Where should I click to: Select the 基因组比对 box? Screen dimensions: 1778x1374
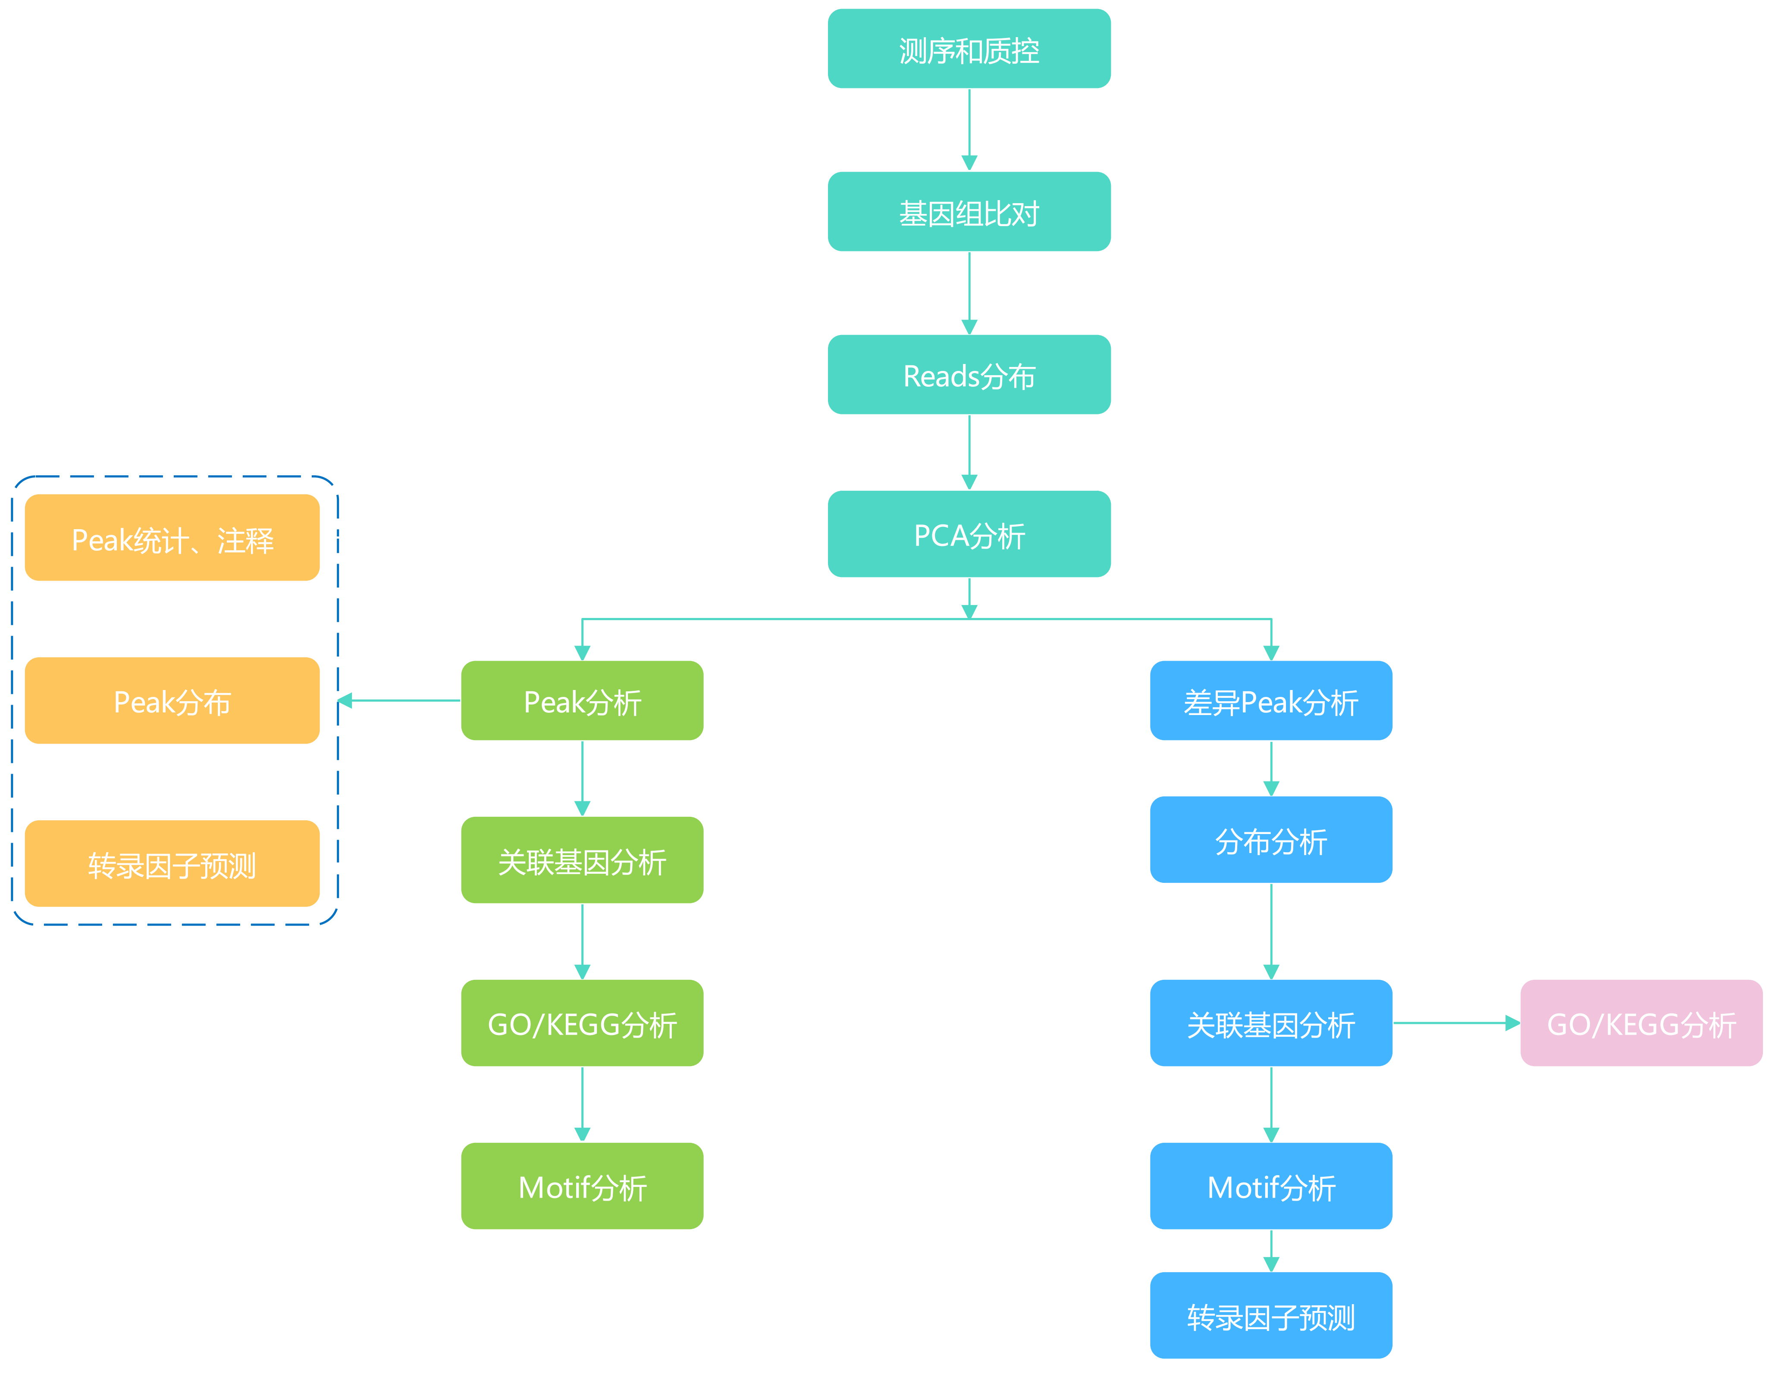point(969,212)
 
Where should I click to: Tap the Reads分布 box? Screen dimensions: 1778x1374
point(969,374)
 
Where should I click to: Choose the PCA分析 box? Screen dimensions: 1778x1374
point(969,534)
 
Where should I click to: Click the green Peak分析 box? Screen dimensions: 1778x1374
point(582,700)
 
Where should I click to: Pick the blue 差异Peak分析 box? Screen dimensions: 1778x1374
point(1271,700)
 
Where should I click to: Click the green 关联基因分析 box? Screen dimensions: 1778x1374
point(582,860)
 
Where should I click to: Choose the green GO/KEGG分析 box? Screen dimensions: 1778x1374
point(582,1023)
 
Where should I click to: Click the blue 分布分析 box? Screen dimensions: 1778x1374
point(1271,839)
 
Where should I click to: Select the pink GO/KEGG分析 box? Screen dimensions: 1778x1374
point(1641,1023)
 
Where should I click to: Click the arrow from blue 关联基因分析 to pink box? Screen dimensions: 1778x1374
point(1456,1023)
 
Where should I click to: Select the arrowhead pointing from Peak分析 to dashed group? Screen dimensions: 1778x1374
point(345,700)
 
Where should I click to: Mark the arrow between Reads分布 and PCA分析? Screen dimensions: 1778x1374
point(969,452)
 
